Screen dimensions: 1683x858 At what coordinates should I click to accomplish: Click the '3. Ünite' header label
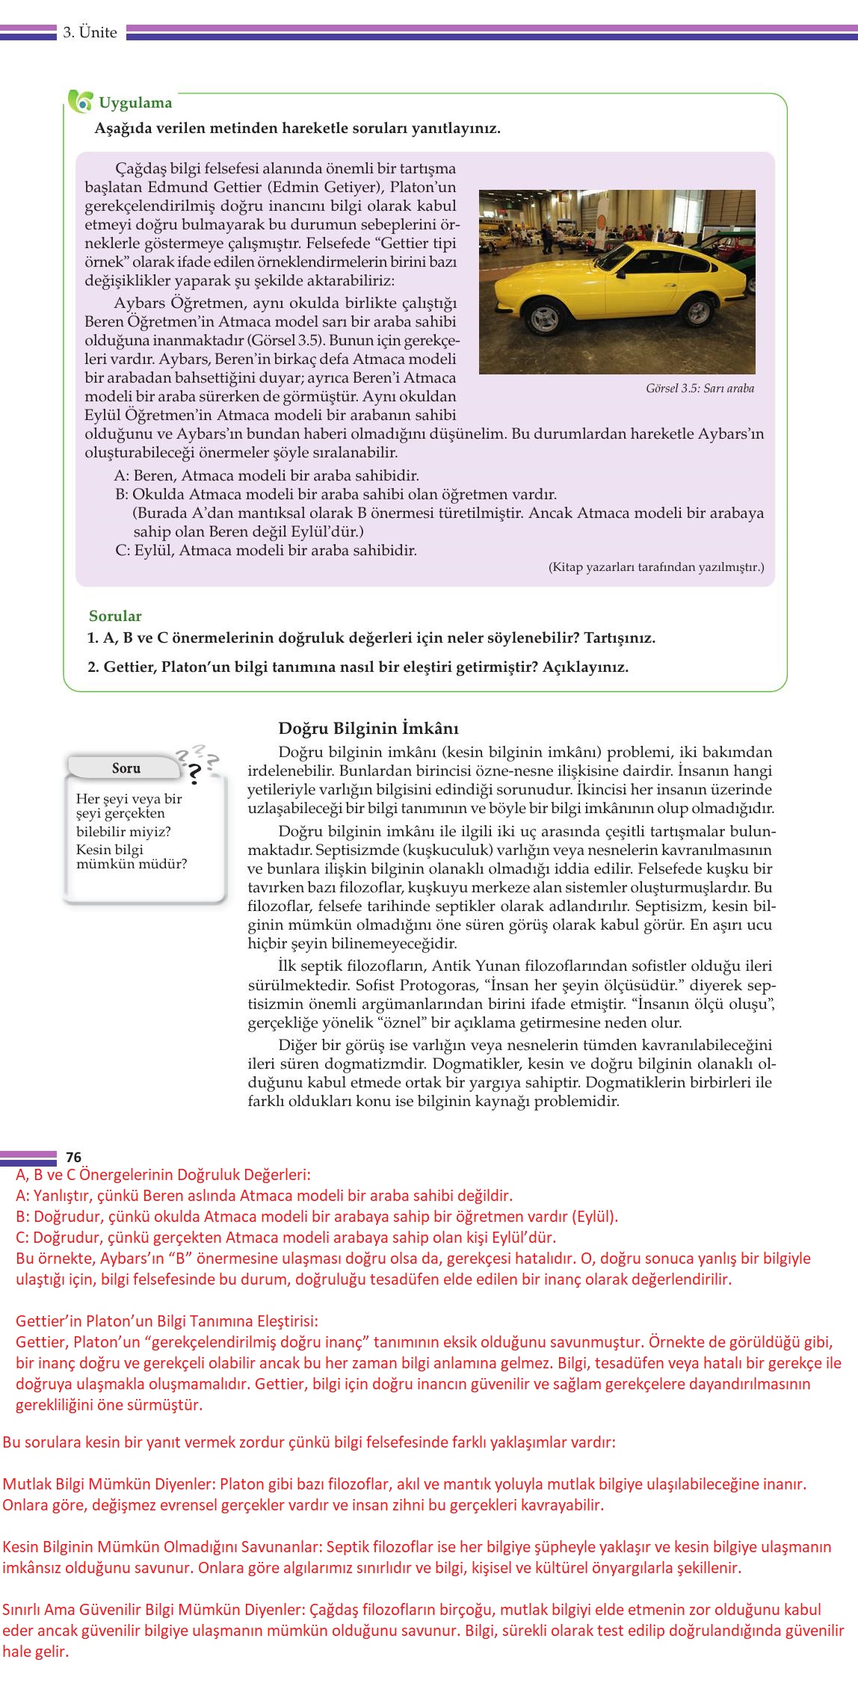(90, 32)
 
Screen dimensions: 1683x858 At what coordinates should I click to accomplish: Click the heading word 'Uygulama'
(135, 103)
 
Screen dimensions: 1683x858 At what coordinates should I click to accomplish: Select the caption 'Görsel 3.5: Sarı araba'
(700, 388)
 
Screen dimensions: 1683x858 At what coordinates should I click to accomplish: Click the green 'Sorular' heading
(115, 616)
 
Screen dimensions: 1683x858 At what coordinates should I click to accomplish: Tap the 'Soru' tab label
(126, 768)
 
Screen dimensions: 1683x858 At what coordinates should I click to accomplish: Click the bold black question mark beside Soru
(195, 772)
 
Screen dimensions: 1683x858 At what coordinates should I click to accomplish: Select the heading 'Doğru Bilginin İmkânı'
(368, 728)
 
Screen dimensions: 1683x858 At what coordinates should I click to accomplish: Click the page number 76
(73, 1158)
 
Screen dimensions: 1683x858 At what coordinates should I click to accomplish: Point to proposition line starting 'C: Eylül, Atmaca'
(266, 550)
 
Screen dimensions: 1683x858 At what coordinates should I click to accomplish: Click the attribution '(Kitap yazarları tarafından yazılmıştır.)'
(656, 567)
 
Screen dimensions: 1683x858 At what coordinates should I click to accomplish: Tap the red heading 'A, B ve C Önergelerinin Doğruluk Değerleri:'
(163, 1174)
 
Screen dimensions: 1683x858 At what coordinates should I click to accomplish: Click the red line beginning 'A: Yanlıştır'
(264, 1195)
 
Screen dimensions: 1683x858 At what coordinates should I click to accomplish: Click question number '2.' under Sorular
(93, 667)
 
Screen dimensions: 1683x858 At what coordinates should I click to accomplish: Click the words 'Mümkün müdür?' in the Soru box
(132, 864)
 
